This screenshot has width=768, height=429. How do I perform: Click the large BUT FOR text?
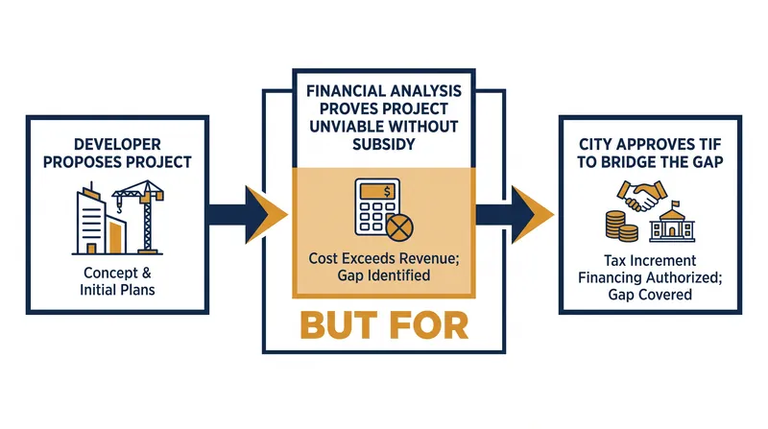tap(384, 325)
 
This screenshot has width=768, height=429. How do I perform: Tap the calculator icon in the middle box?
tap(378, 206)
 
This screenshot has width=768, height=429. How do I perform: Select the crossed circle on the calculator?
tap(399, 227)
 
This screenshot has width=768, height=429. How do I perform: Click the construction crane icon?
tap(140, 216)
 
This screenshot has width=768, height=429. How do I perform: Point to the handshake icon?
tap(642, 196)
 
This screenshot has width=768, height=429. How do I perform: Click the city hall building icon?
tap(672, 222)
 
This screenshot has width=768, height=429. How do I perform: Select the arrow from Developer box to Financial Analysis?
tap(248, 215)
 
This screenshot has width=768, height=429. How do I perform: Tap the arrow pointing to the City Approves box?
tap(515, 215)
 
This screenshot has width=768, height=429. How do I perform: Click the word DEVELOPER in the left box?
tap(117, 145)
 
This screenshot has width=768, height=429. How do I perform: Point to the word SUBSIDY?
tap(384, 145)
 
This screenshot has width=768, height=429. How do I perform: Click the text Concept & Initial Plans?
tap(117, 281)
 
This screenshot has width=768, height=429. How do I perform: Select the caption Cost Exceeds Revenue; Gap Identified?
tap(384, 267)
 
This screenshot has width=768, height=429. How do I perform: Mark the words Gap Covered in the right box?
tap(650, 295)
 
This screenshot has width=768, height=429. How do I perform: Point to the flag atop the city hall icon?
tap(676, 203)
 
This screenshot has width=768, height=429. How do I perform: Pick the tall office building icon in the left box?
tap(91, 219)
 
